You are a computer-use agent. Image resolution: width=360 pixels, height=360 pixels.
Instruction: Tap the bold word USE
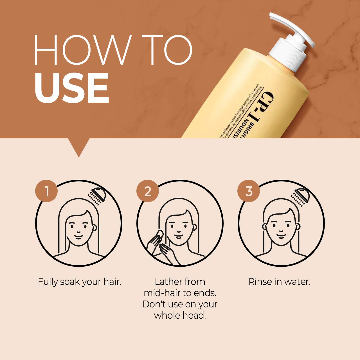(x=72, y=88)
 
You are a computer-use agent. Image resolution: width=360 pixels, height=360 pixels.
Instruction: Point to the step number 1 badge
(x=46, y=191)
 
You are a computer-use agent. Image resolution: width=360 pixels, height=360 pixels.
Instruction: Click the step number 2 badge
(x=148, y=191)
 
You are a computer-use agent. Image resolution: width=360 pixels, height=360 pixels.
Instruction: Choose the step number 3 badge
(x=249, y=191)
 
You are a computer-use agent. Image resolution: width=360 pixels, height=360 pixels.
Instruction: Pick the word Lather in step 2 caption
(x=168, y=282)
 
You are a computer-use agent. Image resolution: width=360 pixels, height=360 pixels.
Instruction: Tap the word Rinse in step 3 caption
(x=260, y=282)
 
